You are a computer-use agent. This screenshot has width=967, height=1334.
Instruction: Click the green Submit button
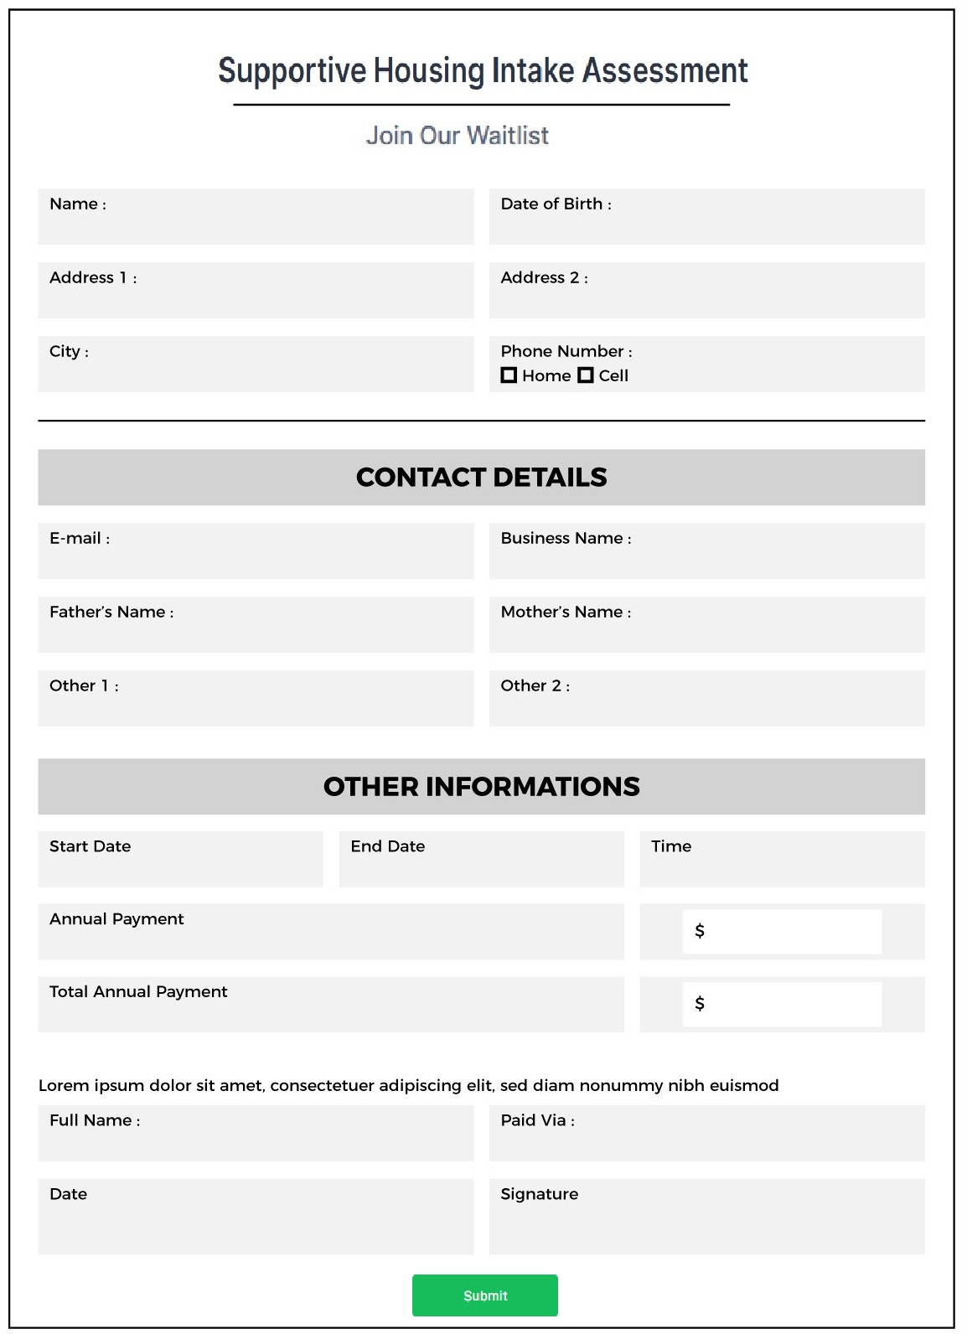pos(484,1295)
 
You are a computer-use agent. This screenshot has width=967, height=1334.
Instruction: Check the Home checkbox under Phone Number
pos(509,375)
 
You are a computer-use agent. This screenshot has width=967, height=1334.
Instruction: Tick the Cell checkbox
pos(586,375)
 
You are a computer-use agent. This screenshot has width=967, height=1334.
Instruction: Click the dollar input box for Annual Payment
pos(782,931)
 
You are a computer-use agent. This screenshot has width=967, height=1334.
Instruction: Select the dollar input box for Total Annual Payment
pos(782,1004)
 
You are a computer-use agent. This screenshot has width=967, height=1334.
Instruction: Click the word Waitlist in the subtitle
pos(507,135)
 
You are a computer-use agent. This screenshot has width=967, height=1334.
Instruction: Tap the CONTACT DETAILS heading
pos(481,477)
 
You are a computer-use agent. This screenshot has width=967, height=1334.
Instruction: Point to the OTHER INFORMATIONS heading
pos(481,786)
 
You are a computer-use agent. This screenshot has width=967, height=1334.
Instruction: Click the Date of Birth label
pos(555,204)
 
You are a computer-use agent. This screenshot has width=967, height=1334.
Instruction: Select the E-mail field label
pos(79,538)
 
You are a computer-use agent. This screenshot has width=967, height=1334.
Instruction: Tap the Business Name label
pos(565,538)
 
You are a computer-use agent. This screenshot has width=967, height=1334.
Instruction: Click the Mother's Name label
pos(565,612)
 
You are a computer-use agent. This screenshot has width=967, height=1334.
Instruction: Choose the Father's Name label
pos(111,612)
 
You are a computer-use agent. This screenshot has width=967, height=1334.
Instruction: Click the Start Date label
pos(90,846)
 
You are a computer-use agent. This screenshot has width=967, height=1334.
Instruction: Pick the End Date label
pos(387,846)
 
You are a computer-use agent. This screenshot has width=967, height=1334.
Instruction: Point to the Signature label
pos(539,1194)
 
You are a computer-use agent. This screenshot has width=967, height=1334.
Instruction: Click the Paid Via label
pos(536,1120)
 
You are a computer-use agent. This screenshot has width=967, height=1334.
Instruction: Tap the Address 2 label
pos(543,277)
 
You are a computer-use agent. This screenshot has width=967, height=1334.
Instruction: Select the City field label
pos(68,351)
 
